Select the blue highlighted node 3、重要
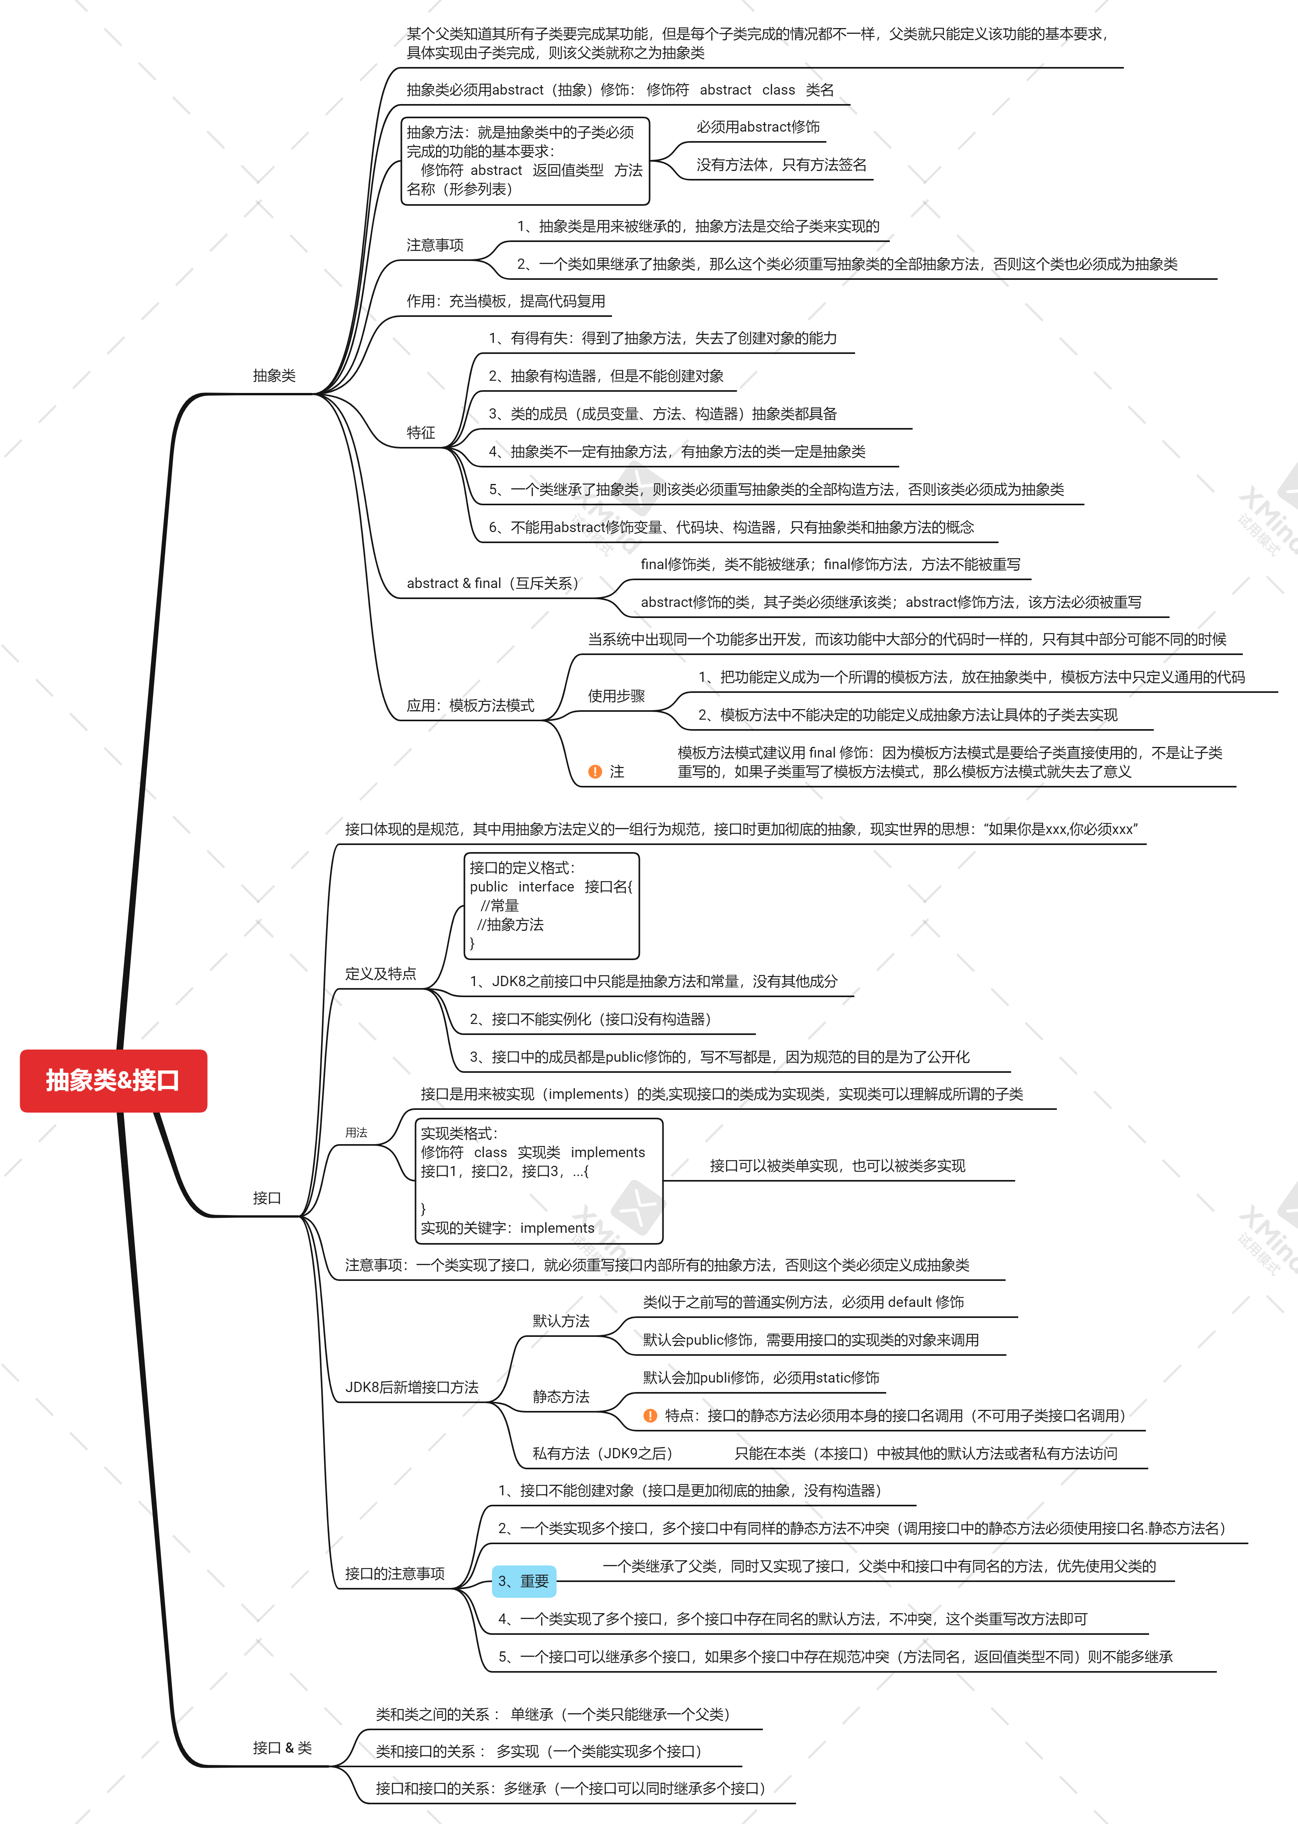pyautogui.click(x=524, y=1581)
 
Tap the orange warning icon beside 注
pyautogui.click(x=595, y=771)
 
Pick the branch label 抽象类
pyautogui.click(x=274, y=376)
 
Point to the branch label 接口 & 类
pyautogui.click(x=282, y=1748)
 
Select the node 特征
pyautogui.click(x=420, y=432)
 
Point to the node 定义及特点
pyautogui.click(x=380, y=973)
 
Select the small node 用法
pyautogui.click(x=357, y=1133)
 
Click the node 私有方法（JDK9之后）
pyautogui.click(x=602, y=1453)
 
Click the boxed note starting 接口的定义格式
pyautogui.click(x=552, y=906)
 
